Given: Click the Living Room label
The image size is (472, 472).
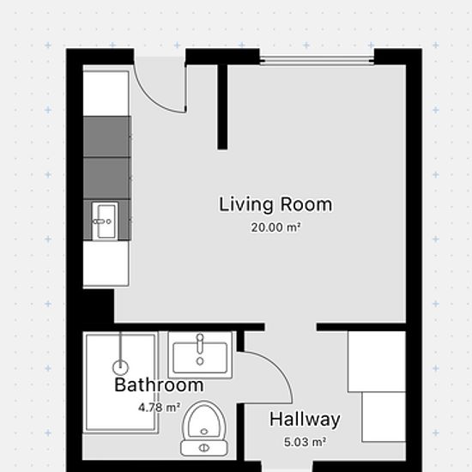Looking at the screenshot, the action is pos(275,205).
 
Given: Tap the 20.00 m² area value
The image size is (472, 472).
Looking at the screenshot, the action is pos(275,227).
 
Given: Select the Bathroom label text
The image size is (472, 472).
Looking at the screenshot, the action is pos(159,384).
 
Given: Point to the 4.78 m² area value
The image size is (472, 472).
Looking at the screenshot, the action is pos(160,408).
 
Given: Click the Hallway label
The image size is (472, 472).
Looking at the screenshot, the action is pos(305,420).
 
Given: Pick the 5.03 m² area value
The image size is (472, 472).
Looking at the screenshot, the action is pos(305,442).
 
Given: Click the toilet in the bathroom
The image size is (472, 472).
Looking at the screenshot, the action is pos(204,428).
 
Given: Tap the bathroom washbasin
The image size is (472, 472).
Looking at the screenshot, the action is pos(200,354).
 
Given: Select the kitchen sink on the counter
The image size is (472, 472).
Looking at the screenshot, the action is pos(105,221).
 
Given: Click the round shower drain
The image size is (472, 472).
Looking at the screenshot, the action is pos(120,367).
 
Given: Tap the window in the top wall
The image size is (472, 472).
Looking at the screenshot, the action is pos(317,60).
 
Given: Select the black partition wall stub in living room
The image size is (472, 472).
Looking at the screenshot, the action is pos(222,107).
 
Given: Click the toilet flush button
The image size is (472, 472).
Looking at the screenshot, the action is pos(204,448).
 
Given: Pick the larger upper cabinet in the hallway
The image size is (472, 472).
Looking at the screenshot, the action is pos(377,361).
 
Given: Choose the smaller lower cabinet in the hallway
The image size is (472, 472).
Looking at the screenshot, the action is pos(384,417).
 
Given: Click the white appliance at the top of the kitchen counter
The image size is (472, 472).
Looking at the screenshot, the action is pos(106,94).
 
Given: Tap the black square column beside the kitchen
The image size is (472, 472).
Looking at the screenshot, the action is pos(99,306).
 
